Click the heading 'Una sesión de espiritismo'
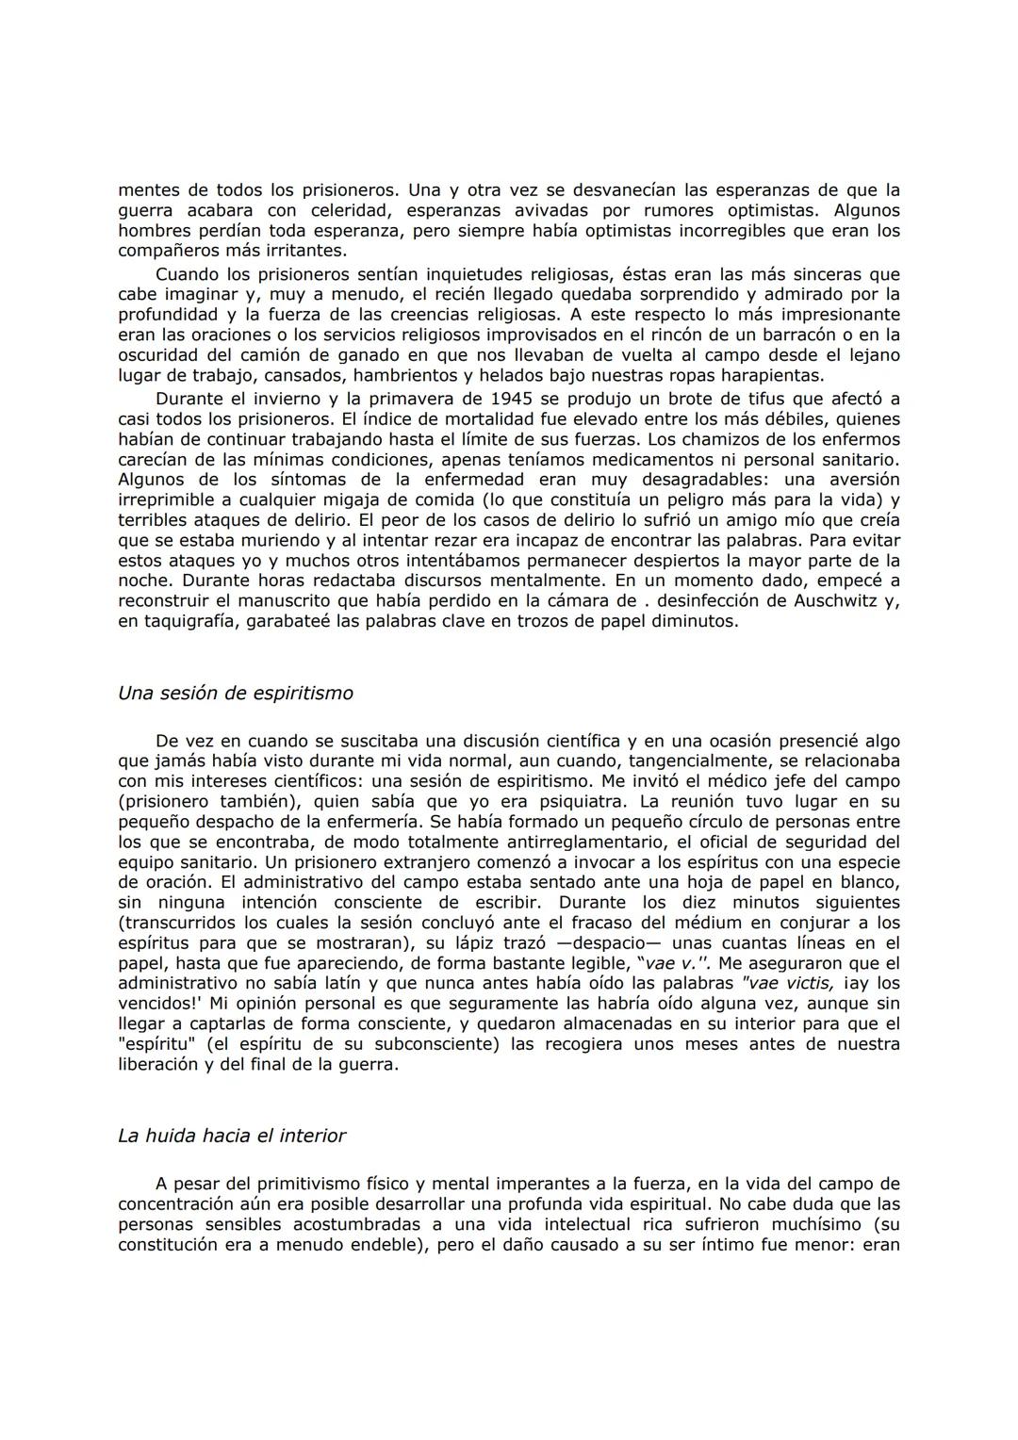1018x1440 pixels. pos(236,694)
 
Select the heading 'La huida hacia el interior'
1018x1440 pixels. pos(232,1137)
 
